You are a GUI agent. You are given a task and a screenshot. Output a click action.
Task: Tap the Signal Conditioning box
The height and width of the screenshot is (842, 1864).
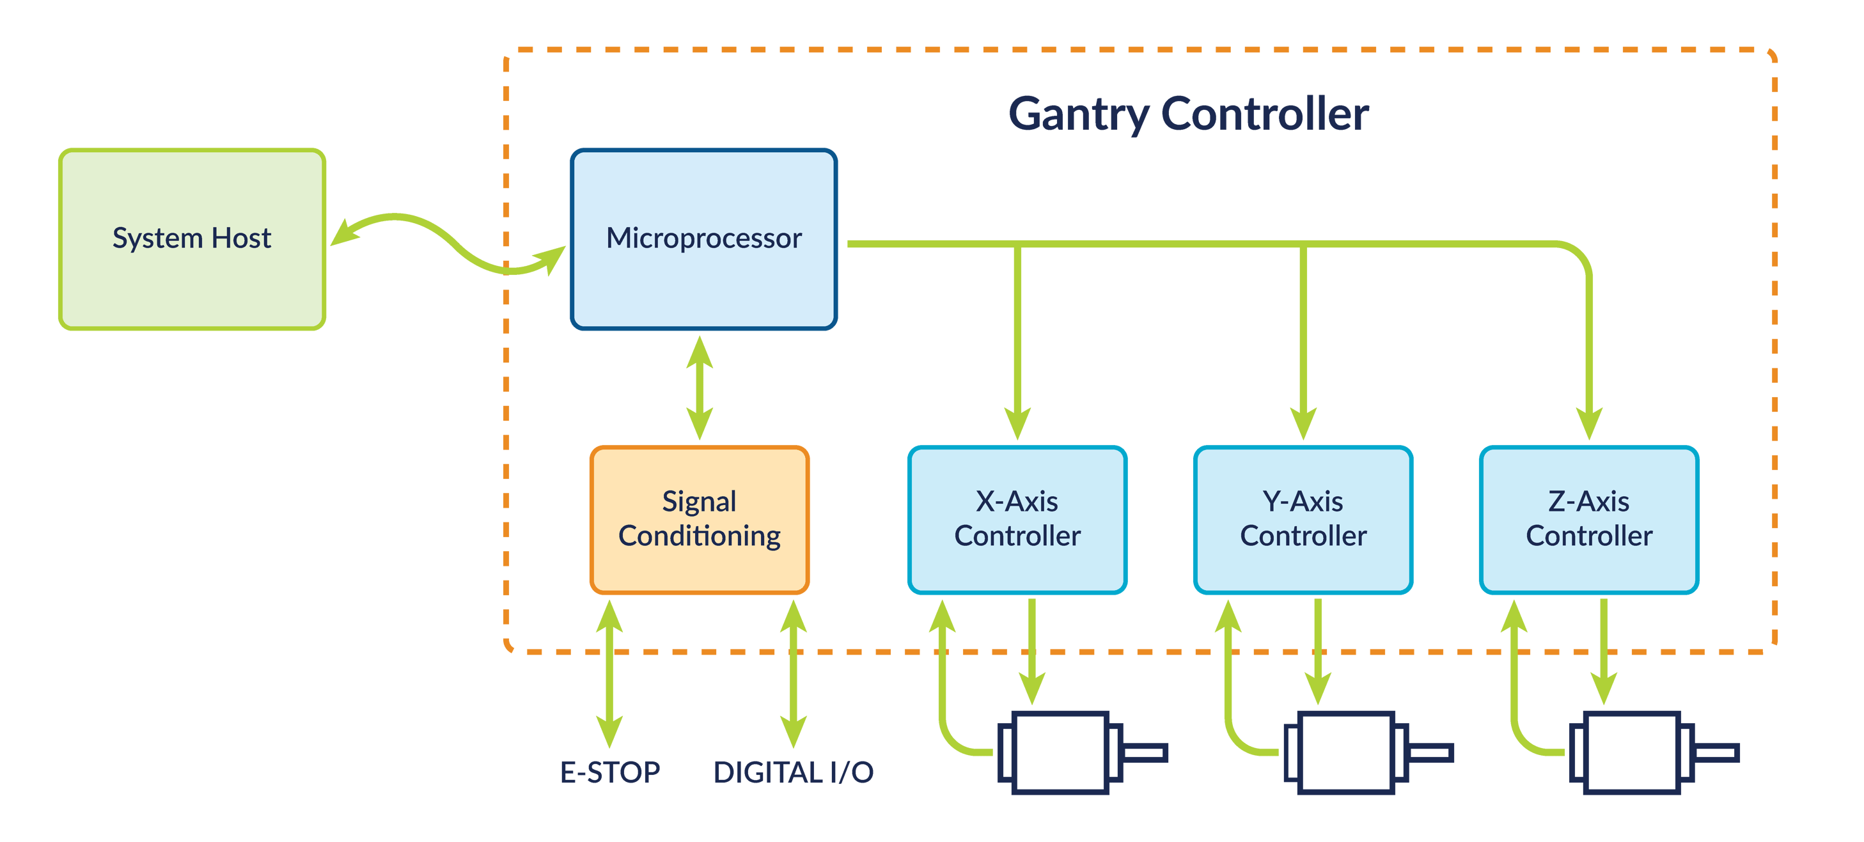[x=699, y=519]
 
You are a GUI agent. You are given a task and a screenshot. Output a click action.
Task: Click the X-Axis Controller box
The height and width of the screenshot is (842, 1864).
[x=1017, y=519]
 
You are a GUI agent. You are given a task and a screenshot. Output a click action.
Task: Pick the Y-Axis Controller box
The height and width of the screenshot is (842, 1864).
[x=1303, y=519]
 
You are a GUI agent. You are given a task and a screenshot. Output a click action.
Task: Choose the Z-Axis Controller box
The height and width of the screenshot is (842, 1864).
[x=1588, y=519]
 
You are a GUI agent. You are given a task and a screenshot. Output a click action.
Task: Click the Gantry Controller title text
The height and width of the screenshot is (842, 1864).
[x=1188, y=114]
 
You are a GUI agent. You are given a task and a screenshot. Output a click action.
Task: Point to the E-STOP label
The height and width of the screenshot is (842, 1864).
[x=610, y=772]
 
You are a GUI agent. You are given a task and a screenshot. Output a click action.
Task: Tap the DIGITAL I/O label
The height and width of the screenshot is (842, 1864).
[x=793, y=772]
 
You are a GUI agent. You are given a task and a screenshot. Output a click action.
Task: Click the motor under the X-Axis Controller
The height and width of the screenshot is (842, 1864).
[x=1060, y=752]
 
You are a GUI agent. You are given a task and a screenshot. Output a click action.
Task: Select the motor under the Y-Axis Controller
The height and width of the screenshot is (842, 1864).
[x=1346, y=752]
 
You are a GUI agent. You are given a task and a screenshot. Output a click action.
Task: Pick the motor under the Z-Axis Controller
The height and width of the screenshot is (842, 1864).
[x=1632, y=752]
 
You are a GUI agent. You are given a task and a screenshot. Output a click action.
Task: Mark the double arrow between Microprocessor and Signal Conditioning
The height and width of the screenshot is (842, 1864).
[x=700, y=387]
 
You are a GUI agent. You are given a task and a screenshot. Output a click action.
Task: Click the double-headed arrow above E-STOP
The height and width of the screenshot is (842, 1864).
[x=609, y=673]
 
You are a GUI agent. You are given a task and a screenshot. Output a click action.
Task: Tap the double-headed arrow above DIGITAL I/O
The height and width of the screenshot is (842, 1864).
[x=793, y=673]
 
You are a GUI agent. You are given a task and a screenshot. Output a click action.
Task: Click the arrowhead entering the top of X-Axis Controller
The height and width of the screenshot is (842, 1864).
[x=1017, y=423]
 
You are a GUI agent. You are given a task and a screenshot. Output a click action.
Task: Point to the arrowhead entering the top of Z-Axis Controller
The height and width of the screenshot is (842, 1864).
[x=1589, y=423]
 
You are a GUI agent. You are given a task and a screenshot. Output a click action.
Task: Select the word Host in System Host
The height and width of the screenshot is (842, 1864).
[x=241, y=238]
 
